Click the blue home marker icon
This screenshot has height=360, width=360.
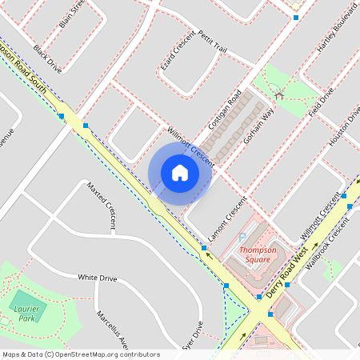tap(179, 173)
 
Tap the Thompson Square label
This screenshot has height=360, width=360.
tap(258, 254)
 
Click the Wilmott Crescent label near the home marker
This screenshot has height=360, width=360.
tap(190, 146)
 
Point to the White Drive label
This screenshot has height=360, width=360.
tap(98, 278)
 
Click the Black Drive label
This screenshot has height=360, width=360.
tap(47, 59)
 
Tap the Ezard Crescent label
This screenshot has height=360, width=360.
tap(177, 50)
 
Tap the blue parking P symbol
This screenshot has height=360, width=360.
tap(242, 238)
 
